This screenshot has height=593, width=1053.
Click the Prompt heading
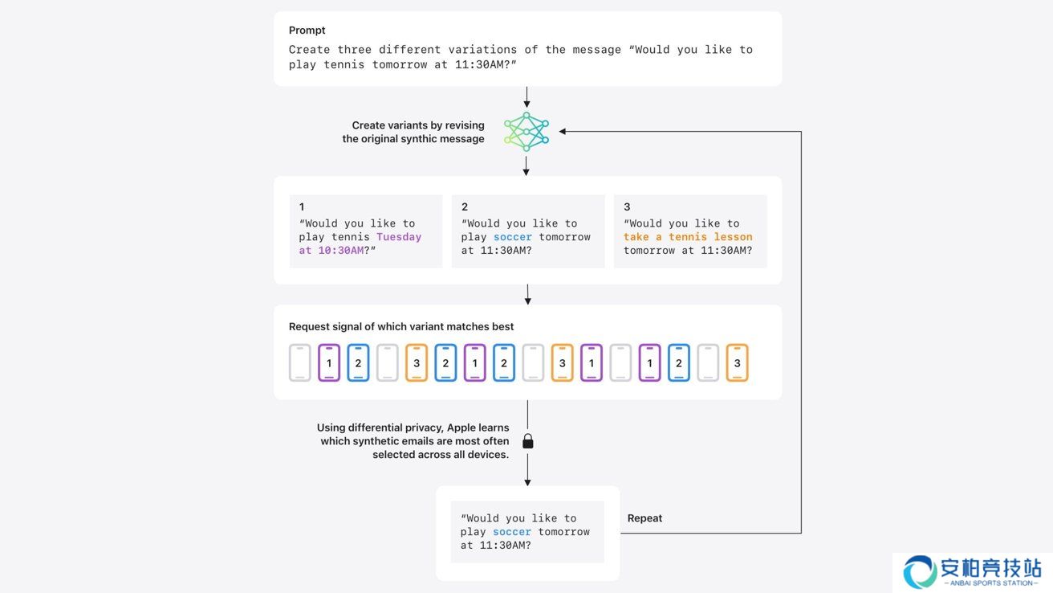point(307,30)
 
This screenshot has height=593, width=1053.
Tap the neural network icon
point(526,132)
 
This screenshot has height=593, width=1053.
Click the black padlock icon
point(528,441)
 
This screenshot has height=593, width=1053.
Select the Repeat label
point(644,518)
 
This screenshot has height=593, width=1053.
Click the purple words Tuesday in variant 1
point(399,237)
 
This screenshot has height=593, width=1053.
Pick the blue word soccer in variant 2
point(512,237)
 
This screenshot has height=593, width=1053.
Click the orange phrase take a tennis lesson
point(688,237)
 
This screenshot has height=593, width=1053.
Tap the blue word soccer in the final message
point(512,532)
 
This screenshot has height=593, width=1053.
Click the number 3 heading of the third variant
point(627,207)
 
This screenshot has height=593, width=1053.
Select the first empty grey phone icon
point(300,362)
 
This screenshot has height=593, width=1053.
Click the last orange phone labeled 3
point(737,362)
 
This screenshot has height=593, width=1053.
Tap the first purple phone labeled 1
point(329,362)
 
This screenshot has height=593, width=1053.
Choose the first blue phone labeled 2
point(358,362)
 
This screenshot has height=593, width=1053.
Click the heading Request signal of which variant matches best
point(401,326)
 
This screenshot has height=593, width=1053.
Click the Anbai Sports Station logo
point(972,572)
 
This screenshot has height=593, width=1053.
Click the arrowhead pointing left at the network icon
point(563,132)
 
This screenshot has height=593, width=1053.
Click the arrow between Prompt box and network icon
point(526,97)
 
